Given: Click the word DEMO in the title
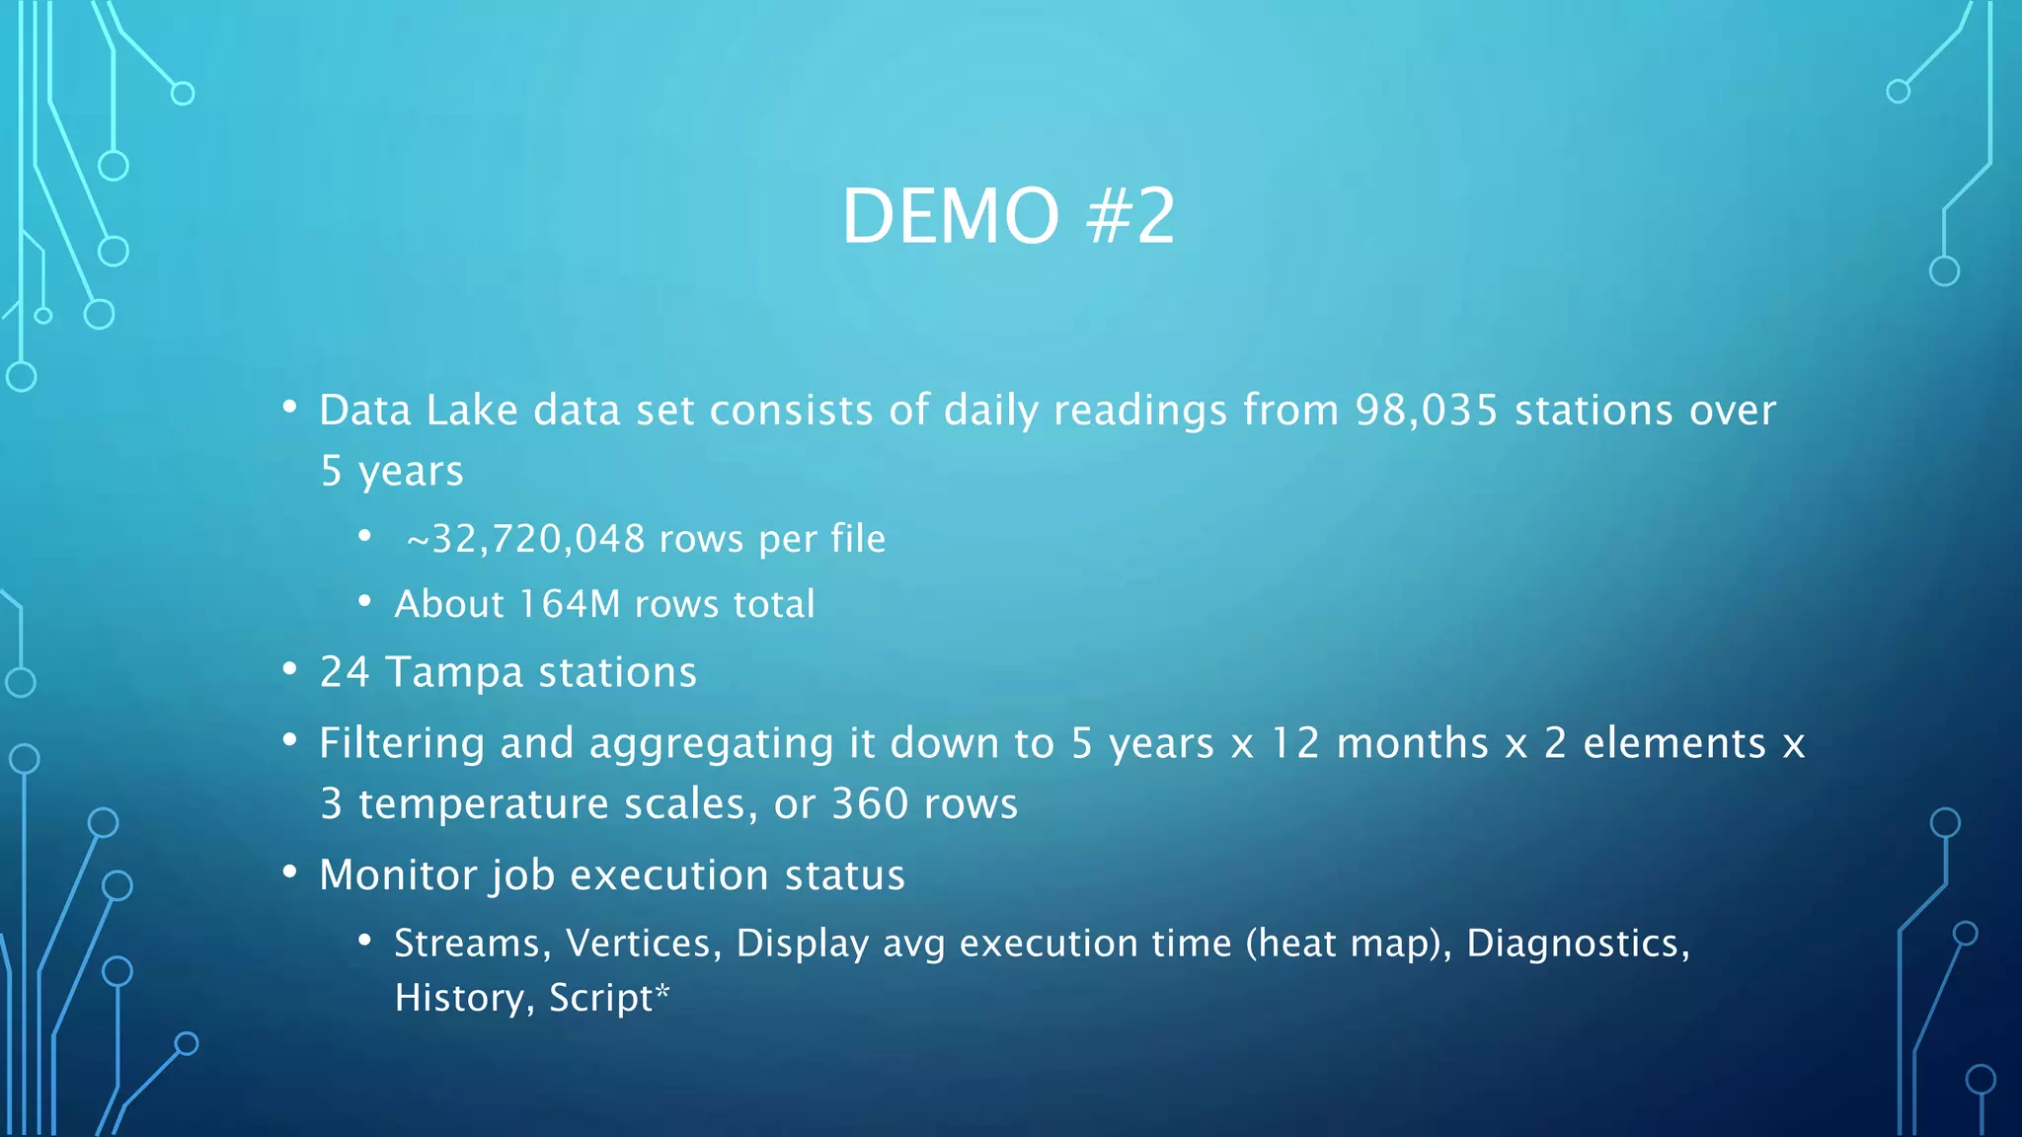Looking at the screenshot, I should pyautogui.click(x=950, y=216).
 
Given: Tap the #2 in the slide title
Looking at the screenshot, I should pyautogui.click(x=1130, y=216).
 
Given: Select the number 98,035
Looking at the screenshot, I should pyautogui.click(x=1427, y=411).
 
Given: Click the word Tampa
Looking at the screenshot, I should pyautogui.click(x=454, y=673).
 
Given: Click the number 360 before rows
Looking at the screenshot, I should pyautogui.click(x=870, y=803).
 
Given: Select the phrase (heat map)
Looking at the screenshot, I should pyautogui.click(x=1349, y=944).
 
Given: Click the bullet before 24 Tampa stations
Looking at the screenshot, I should pyautogui.click(x=289, y=670).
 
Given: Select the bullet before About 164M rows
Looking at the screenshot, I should pyautogui.click(x=364, y=601).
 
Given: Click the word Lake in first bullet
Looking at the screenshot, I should pyautogui.click(x=472, y=411).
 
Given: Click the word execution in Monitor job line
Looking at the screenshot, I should pyautogui.click(x=668, y=875).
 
